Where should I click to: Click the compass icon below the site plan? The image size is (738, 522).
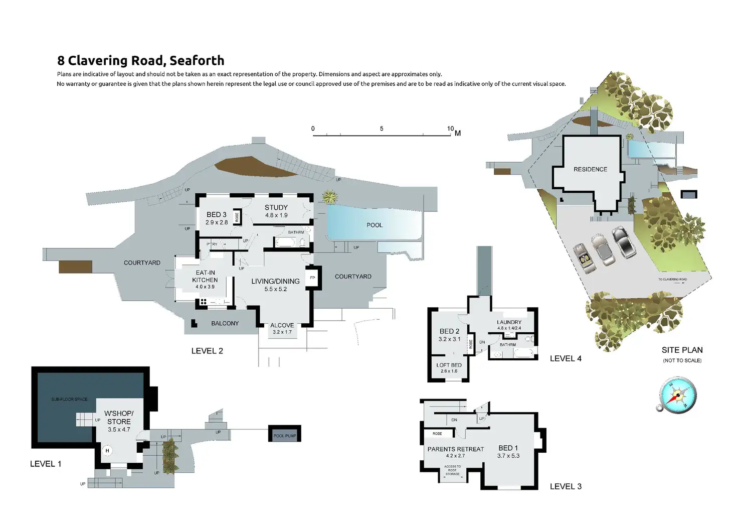tap(677, 396)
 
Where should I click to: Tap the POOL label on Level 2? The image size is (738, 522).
tap(375, 225)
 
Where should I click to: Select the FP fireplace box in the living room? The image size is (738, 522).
tap(312, 278)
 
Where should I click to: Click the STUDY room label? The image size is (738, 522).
tap(276, 207)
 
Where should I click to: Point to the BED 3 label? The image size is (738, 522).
tap(217, 214)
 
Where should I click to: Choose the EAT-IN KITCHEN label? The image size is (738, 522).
tap(205, 276)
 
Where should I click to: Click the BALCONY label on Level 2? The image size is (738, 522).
tap(225, 323)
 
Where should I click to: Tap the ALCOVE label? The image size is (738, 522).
tap(282, 325)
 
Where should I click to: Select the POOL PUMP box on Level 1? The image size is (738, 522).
tap(285, 435)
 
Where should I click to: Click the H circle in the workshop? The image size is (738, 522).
tap(107, 451)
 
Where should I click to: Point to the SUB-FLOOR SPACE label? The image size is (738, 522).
tap(69, 399)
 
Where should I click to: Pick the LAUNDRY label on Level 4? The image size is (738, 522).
tap(509, 322)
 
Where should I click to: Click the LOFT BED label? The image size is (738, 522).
tap(449, 365)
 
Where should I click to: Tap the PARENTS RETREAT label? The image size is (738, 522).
tap(456, 449)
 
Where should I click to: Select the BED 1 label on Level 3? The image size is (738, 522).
tap(508, 448)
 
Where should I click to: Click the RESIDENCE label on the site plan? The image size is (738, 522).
tap(590, 169)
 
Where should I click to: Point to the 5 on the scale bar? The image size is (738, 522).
tap(382, 128)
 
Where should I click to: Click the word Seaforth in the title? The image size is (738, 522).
tap(197, 61)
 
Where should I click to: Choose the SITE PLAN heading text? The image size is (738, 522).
tap(682, 350)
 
